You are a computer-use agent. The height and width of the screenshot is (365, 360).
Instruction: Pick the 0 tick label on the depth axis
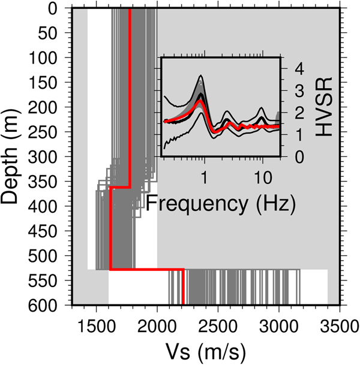point(61,9)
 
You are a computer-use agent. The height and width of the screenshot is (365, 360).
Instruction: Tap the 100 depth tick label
point(52,59)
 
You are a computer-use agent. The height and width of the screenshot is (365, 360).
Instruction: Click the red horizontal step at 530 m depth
point(146,270)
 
